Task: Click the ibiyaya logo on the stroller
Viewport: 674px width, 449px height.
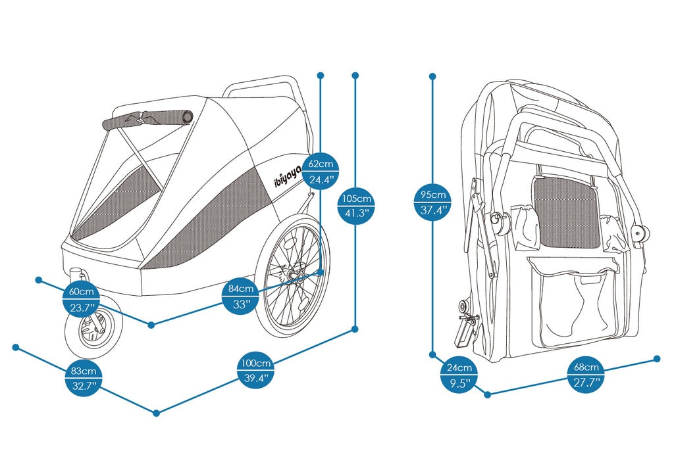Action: click(x=288, y=177)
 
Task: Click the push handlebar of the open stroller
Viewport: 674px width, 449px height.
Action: click(x=263, y=84)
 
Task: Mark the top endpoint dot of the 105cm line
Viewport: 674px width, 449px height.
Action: click(x=355, y=76)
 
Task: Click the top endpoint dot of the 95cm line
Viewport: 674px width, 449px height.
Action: click(x=433, y=76)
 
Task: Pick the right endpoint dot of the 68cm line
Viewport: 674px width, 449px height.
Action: click(x=656, y=358)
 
